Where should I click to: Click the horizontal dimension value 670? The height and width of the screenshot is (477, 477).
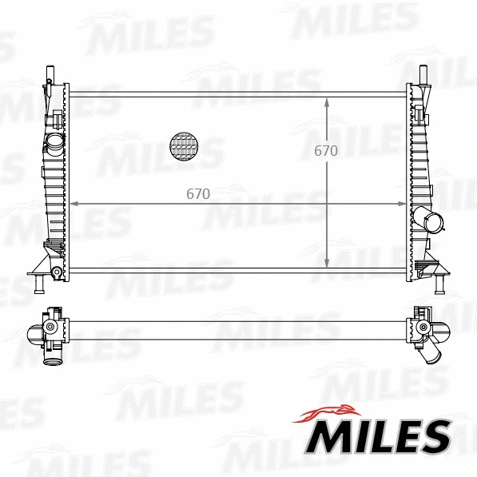(x=198, y=193)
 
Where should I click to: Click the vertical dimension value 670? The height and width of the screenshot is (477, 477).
(x=325, y=151)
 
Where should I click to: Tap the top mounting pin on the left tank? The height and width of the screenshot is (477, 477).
(x=47, y=73)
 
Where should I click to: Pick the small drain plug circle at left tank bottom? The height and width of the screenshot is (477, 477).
(x=57, y=273)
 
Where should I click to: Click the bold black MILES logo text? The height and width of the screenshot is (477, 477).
(x=380, y=437)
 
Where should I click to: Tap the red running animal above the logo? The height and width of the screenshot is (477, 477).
(x=328, y=414)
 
